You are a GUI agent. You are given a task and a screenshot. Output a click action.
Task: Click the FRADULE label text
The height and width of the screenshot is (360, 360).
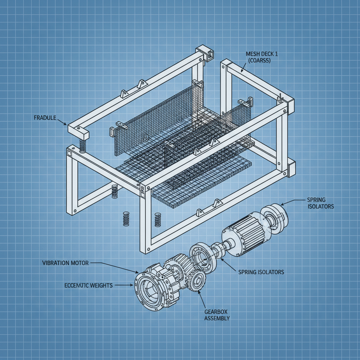45,118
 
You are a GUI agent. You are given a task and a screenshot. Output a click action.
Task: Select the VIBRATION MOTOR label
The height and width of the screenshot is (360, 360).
65,263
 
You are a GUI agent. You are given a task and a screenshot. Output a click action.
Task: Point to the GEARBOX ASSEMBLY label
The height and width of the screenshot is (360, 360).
217,315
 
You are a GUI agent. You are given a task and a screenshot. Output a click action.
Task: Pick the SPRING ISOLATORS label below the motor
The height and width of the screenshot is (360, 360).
261,272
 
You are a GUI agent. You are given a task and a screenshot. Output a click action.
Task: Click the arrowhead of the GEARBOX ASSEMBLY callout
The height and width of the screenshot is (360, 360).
199,291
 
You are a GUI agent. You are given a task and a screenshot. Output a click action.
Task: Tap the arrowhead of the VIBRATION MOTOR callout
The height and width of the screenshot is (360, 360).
137,272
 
